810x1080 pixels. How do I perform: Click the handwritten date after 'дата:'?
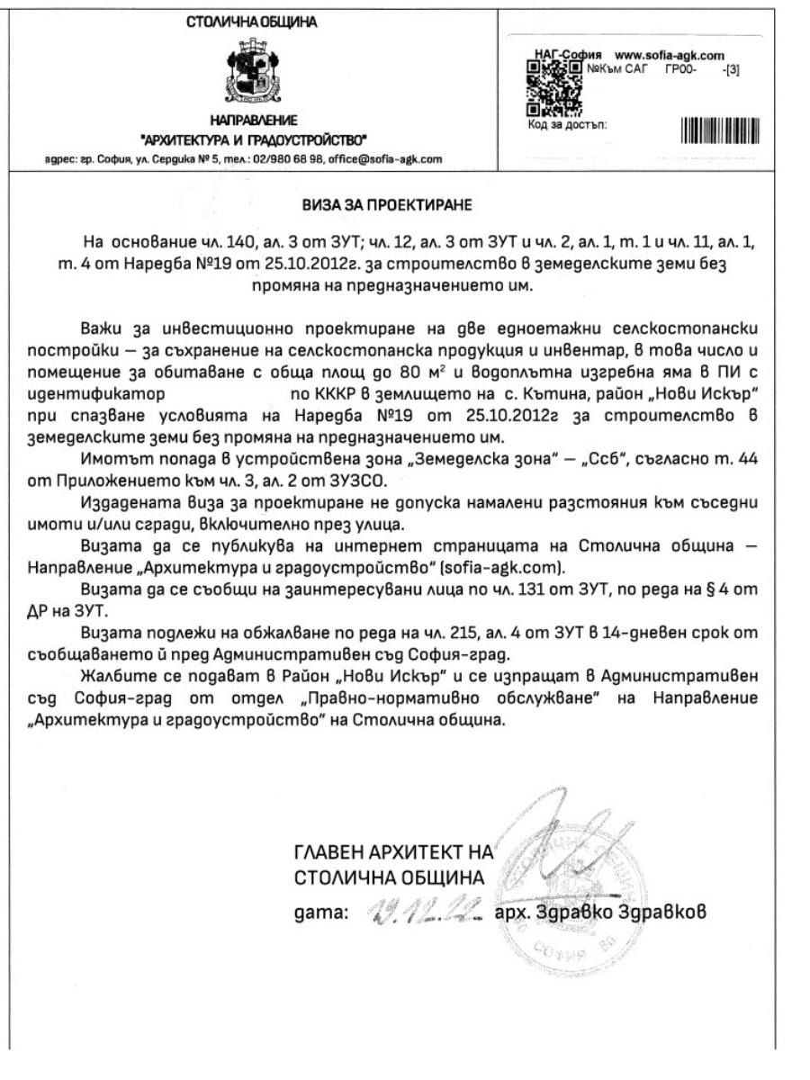427,911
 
